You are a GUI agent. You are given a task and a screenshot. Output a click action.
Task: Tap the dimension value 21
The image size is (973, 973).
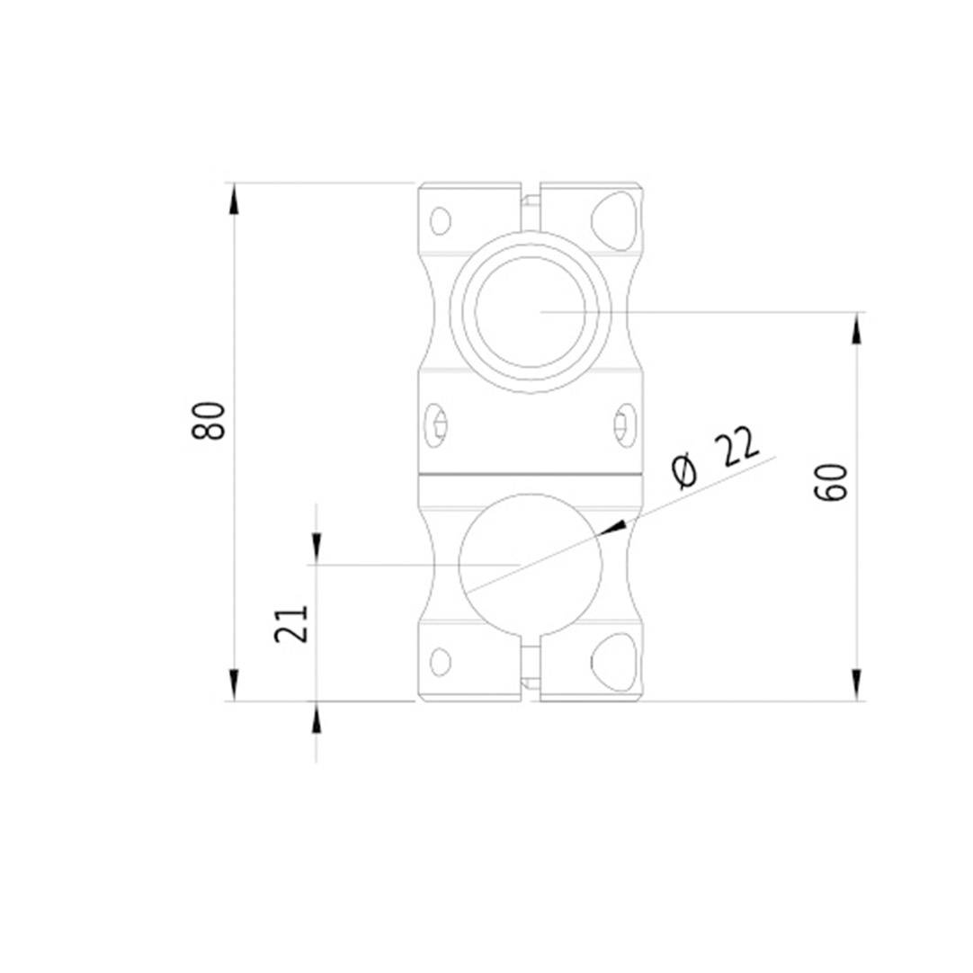click(x=292, y=622)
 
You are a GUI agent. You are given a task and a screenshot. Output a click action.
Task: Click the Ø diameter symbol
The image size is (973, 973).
click(x=686, y=470)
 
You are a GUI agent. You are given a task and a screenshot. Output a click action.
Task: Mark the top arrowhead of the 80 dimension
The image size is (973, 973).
click(x=235, y=199)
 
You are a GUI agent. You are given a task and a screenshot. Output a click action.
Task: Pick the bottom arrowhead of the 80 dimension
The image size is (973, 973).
click(x=235, y=685)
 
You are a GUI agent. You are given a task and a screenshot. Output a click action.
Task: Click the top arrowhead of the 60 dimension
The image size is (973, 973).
click(x=857, y=328)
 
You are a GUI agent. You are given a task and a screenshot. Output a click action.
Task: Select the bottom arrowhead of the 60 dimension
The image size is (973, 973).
click(x=857, y=685)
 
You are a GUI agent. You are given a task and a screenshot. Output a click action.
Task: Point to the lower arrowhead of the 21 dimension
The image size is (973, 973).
click(x=316, y=718)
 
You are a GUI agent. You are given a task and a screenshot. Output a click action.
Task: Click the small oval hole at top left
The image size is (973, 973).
click(x=440, y=220)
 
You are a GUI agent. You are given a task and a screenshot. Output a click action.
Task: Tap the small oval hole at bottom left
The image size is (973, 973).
click(x=440, y=662)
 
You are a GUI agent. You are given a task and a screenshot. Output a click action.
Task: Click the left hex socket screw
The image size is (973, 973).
click(x=439, y=424)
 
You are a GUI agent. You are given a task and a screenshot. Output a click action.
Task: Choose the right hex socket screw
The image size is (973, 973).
click(x=623, y=424)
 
